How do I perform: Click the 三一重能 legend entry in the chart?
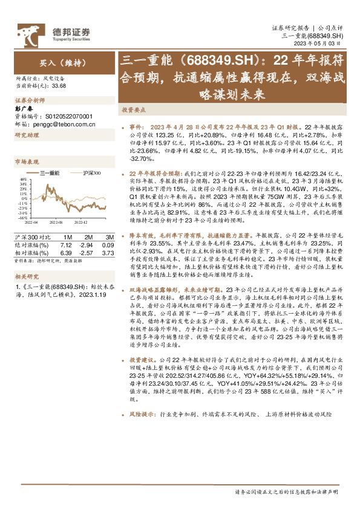(50, 173)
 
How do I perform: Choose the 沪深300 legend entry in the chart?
(90, 173)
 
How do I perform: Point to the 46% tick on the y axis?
(23, 180)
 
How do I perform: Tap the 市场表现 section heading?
(26, 162)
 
